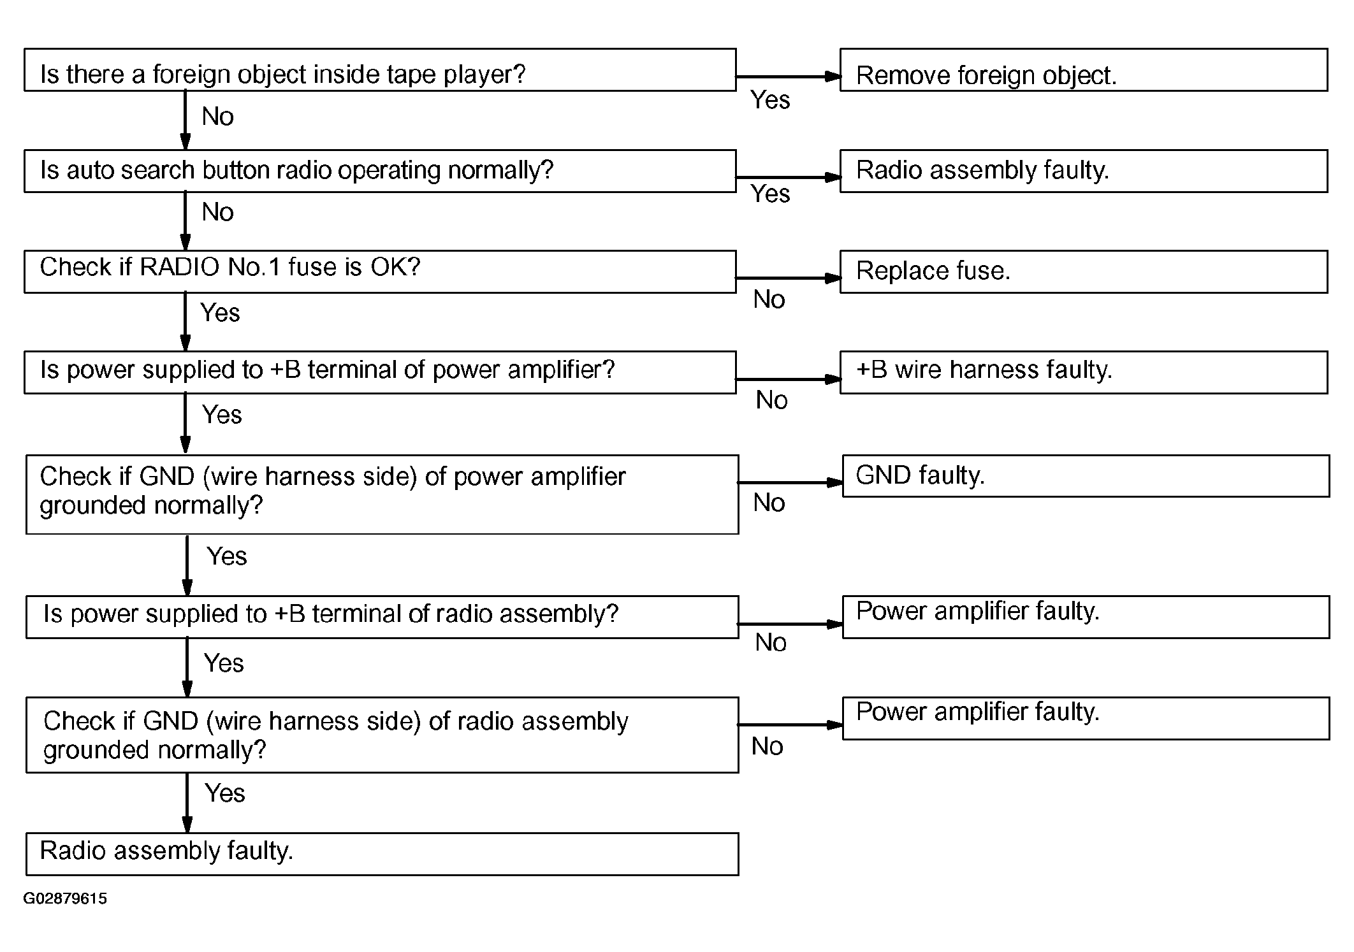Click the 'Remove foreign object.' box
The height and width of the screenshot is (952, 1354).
pyautogui.click(x=1084, y=69)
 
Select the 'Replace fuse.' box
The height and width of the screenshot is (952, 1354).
pyautogui.click(x=1084, y=271)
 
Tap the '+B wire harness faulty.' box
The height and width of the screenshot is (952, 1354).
pyautogui.click(x=1084, y=372)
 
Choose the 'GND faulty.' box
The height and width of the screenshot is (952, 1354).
pyautogui.click(x=1086, y=476)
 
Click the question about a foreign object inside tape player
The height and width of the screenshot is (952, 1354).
pyautogui.click(x=380, y=69)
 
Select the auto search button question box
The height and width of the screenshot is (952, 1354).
pyautogui.click(x=380, y=171)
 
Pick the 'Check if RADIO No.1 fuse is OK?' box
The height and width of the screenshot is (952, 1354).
pyautogui.click(x=380, y=271)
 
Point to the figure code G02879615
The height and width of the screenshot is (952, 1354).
pyautogui.click(x=65, y=898)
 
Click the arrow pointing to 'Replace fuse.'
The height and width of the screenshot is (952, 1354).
pyautogui.click(x=789, y=278)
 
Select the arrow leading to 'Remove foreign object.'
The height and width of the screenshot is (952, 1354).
pyautogui.click(x=789, y=76)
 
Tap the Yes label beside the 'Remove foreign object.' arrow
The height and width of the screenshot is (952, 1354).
pyautogui.click(x=770, y=100)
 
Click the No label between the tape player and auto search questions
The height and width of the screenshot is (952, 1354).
pyautogui.click(x=217, y=117)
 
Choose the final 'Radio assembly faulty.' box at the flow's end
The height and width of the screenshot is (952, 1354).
pyautogui.click(x=382, y=854)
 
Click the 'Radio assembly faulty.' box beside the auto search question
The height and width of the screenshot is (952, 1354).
pyautogui.click(x=1084, y=171)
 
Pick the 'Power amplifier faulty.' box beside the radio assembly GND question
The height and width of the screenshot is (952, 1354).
pyautogui.click(x=1086, y=718)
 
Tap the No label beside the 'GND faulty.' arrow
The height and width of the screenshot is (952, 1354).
pyautogui.click(x=769, y=503)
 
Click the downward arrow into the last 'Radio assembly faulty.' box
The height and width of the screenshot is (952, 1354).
pyautogui.click(x=187, y=803)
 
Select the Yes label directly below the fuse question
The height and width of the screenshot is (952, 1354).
pyautogui.click(x=220, y=313)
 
